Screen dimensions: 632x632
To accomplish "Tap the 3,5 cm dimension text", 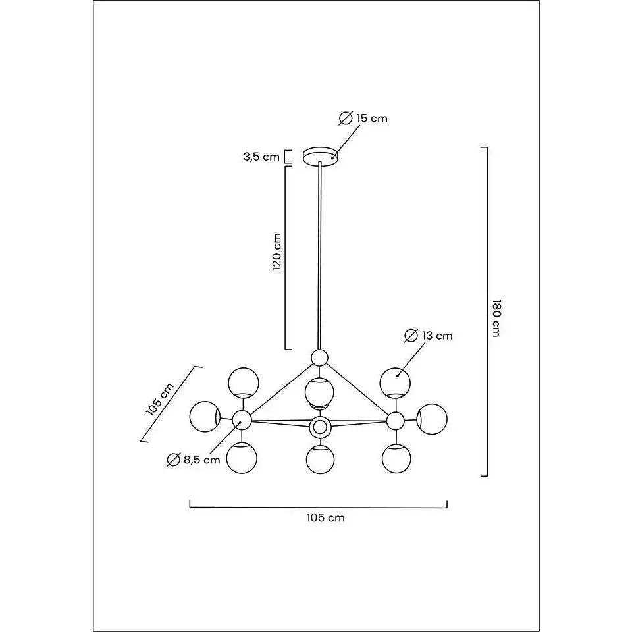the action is pos(261,157).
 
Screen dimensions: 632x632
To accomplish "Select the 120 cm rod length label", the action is pos(276,252).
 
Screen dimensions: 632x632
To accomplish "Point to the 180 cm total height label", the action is pos(496,319).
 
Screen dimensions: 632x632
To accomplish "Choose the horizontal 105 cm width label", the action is pos(326,517).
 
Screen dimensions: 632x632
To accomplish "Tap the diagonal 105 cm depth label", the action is pos(160,399).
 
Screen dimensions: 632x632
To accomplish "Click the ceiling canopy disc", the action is pos(321,156).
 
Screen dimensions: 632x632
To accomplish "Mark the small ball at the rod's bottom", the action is pos(320,357).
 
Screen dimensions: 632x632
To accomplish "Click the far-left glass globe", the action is pos(205,416).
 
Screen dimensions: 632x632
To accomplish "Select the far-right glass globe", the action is pos(432,419).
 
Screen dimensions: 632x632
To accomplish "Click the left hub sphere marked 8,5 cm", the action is pos(242,420).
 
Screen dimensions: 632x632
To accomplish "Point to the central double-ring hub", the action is pos(320,427).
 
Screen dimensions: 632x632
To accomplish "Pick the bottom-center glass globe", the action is pos(320,460).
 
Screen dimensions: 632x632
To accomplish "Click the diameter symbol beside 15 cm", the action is pos(346,118).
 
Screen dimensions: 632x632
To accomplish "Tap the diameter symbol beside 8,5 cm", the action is pos(173,460).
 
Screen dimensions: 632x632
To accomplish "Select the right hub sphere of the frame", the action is pos(396,421).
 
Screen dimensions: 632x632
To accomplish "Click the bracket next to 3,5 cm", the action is pos(288,157).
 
